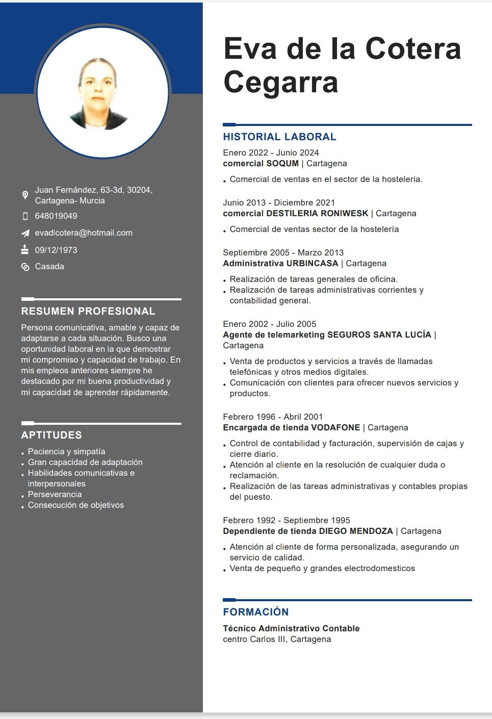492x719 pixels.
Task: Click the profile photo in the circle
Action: pyautogui.click(x=102, y=92)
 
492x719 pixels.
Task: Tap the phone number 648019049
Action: pyautogui.click(x=56, y=216)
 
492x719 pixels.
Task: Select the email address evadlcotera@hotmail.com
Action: pyautogui.click(x=84, y=233)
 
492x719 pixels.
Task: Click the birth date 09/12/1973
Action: pyautogui.click(x=56, y=250)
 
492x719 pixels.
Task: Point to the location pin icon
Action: pyautogui.click(x=25, y=195)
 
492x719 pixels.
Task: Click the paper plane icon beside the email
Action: pyautogui.click(x=25, y=233)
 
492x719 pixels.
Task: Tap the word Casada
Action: pyautogui.click(x=49, y=267)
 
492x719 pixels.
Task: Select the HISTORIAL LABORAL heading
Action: pyautogui.click(x=279, y=137)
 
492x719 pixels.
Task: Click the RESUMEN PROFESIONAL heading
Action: pyautogui.click(x=88, y=311)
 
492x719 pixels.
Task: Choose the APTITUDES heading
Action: pyautogui.click(x=51, y=435)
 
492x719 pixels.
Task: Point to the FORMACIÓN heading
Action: pyautogui.click(x=256, y=612)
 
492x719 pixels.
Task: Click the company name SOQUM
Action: pyautogui.click(x=282, y=164)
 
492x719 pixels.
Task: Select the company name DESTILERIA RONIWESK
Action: pyautogui.click(x=317, y=214)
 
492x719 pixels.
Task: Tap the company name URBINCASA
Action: pyautogui.click(x=312, y=264)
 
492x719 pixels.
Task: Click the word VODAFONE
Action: pyautogui.click(x=335, y=428)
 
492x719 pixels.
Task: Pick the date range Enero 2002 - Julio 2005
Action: pyautogui.click(x=269, y=324)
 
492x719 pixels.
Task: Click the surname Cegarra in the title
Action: pyautogui.click(x=281, y=82)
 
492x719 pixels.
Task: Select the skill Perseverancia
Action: pyautogui.click(x=55, y=495)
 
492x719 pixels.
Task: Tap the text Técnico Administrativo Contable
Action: pyautogui.click(x=291, y=629)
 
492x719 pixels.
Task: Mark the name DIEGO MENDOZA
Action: pyautogui.click(x=356, y=531)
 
